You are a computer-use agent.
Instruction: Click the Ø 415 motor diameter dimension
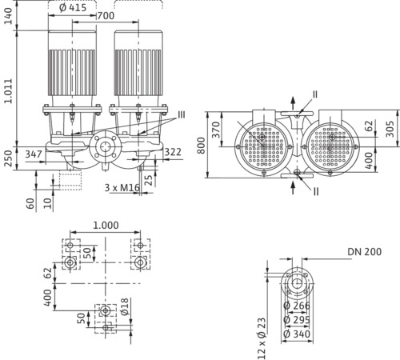(73, 7)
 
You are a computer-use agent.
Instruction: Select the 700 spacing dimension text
(106, 16)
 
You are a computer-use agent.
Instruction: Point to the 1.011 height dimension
(9, 90)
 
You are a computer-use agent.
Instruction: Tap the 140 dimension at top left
(9, 16)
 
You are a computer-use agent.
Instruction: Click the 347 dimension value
(34, 154)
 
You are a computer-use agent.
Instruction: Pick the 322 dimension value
(173, 152)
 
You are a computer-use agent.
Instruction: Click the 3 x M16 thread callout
(122, 188)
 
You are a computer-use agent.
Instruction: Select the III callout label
(182, 115)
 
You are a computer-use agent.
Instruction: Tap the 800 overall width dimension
(202, 146)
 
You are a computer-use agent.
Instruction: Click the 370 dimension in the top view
(216, 130)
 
